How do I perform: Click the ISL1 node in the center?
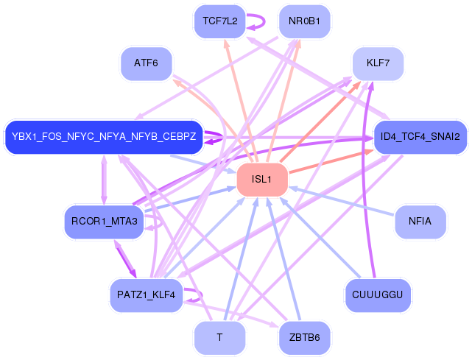click(x=262, y=180)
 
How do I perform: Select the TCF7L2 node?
click(x=219, y=21)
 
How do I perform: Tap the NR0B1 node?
click(x=304, y=21)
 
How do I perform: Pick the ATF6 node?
click(x=146, y=63)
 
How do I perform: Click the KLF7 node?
click(x=378, y=63)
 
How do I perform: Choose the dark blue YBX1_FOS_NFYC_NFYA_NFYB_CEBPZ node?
click(x=104, y=137)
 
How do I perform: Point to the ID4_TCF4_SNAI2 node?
click(x=420, y=137)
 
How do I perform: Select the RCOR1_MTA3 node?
click(x=104, y=222)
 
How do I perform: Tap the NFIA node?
click(x=420, y=222)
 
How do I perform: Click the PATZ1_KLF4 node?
click(x=146, y=295)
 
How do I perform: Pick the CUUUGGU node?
click(x=378, y=295)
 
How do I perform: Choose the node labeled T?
click(x=219, y=338)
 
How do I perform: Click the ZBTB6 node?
click(x=304, y=338)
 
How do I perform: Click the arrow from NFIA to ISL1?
click(x=342, y=201)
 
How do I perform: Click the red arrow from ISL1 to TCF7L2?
click(x=241, y=101)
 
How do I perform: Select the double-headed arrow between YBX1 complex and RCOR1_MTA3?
click(x=104, y=180)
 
